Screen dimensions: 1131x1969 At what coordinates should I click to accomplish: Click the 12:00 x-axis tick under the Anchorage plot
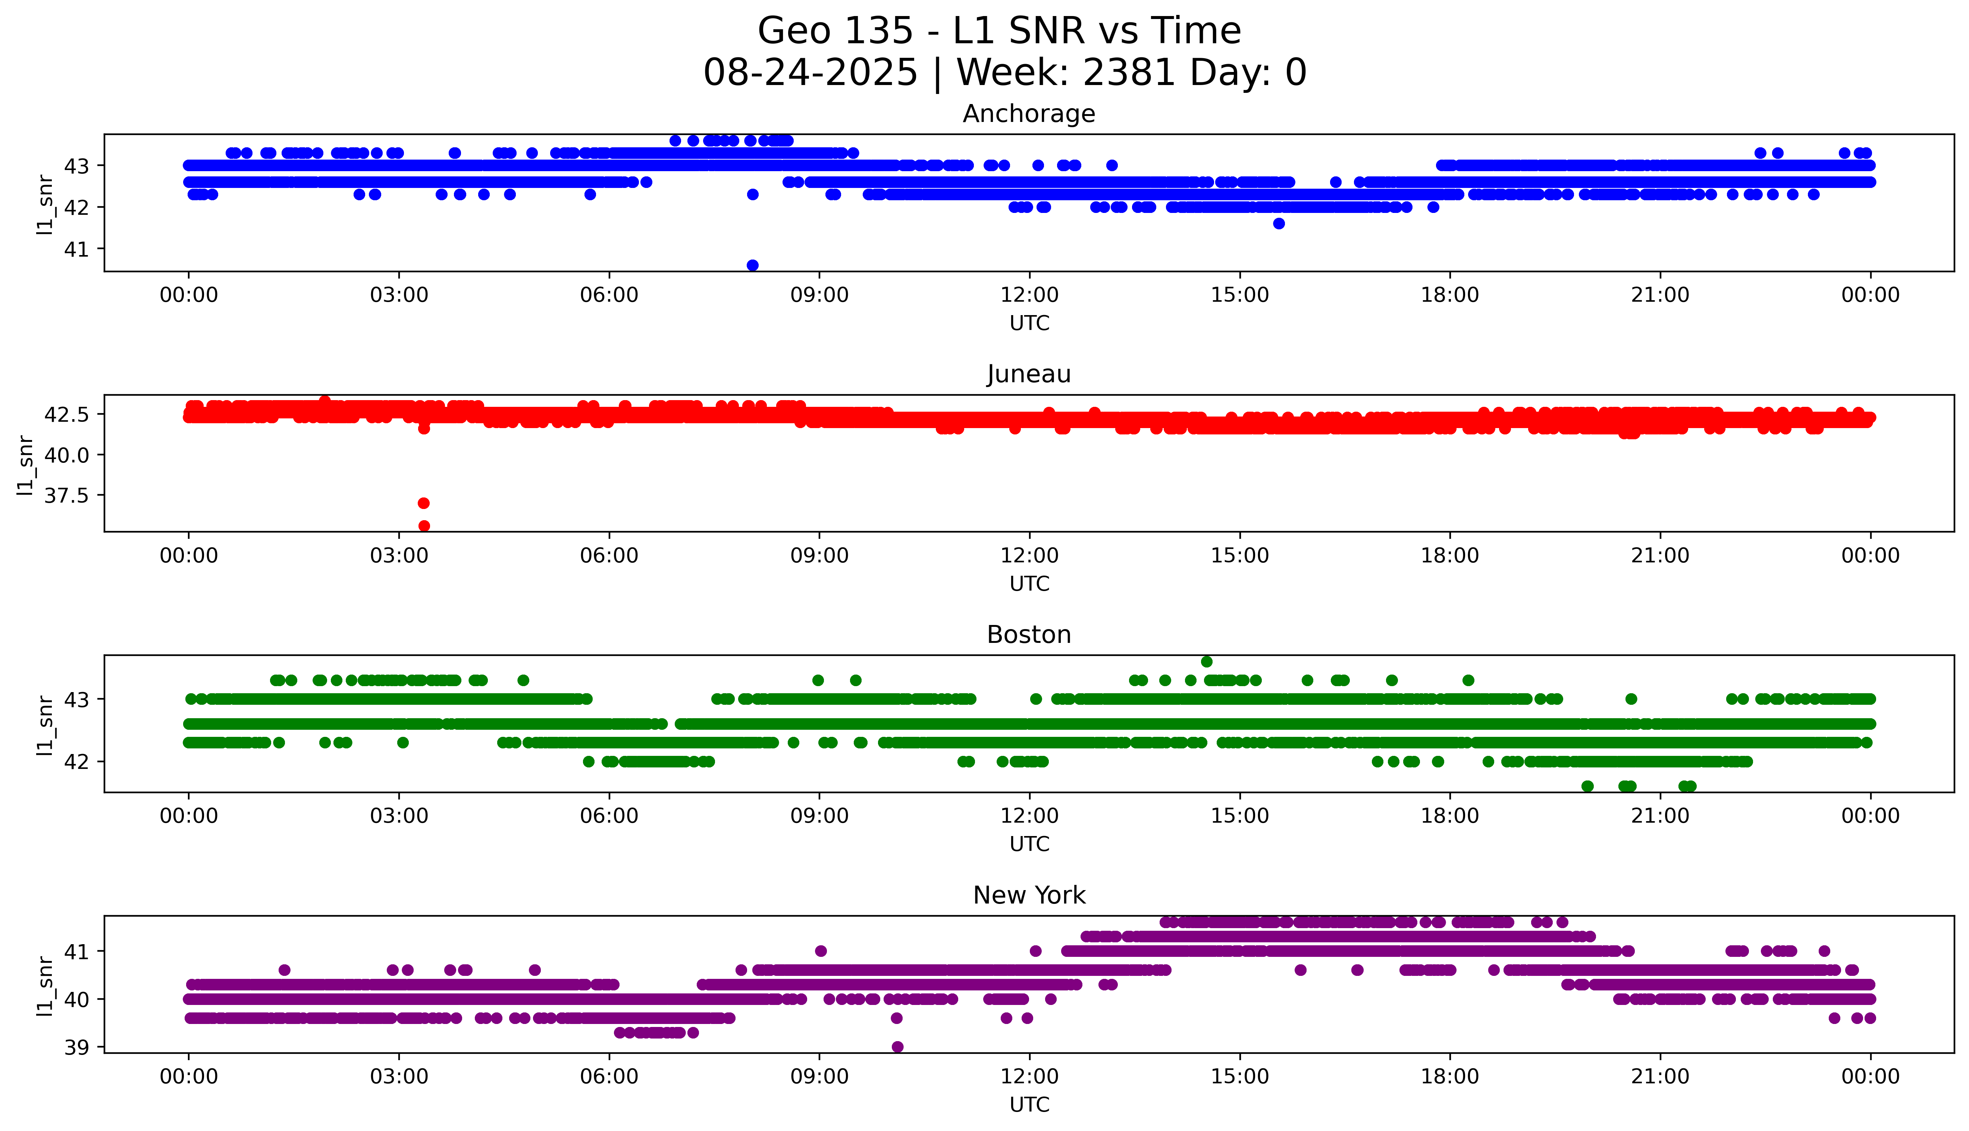pyautogui.click(x=1029, y=295)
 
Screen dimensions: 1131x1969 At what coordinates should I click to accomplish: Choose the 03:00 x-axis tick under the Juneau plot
pyautogui.click(x=399, y=555)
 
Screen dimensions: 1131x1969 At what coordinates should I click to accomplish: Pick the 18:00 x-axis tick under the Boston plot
pyautogui.click(x=1449, y=816)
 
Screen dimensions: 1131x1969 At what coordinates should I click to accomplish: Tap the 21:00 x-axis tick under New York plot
pyautogui.click(x=1660, y=1077)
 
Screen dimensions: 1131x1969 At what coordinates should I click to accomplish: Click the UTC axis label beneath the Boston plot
pyautogui.click(x=1029, y=843)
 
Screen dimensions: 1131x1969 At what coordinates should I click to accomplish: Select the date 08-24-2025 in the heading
pyautogui.click(x=810, y=72)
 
